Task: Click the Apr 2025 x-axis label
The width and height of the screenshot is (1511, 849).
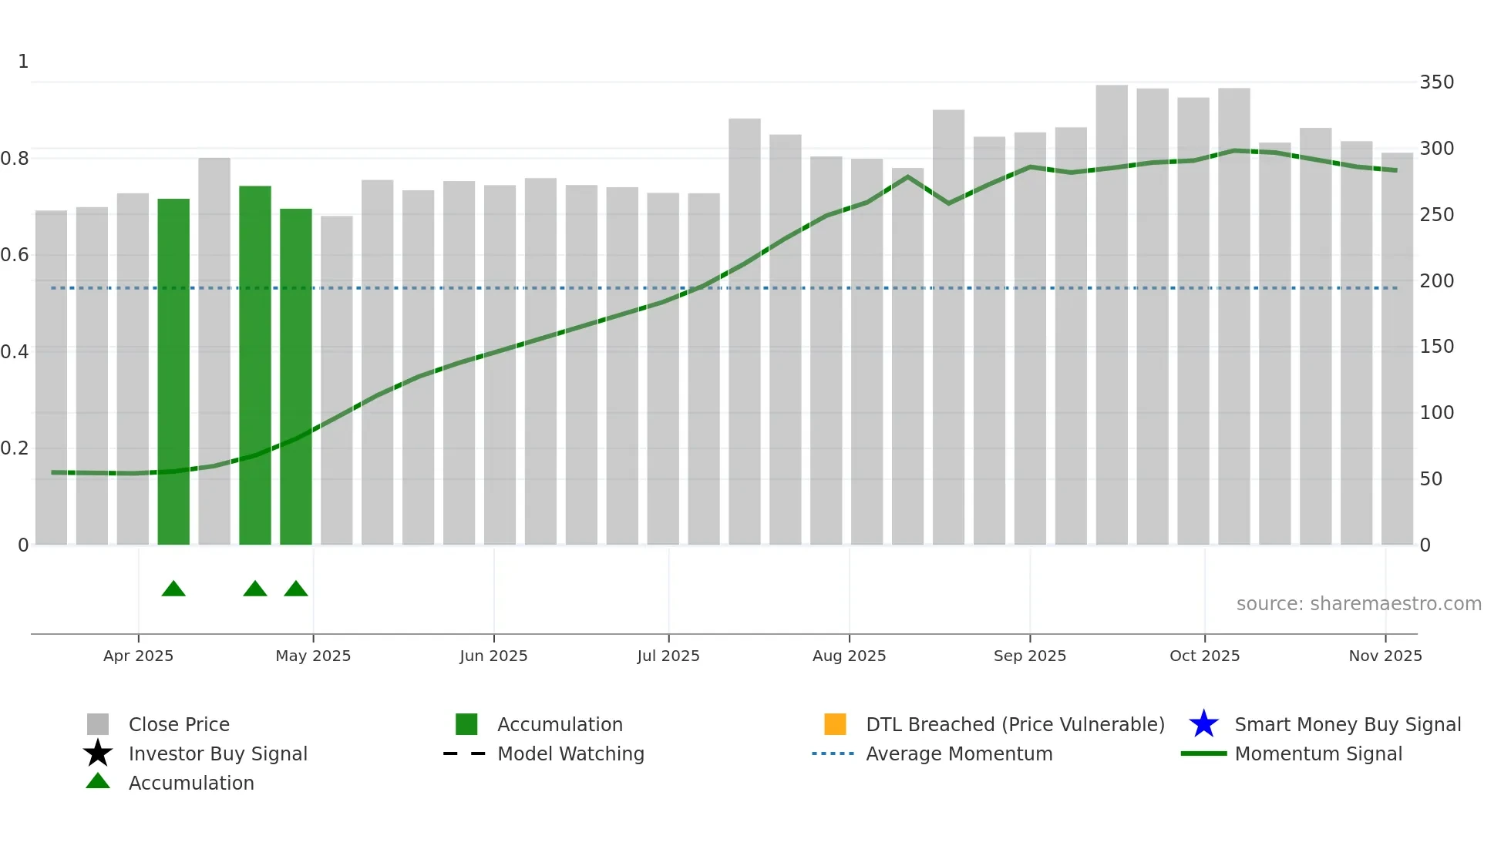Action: click(x=138, y=656)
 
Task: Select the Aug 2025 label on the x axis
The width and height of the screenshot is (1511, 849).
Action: click(x=849, y=656)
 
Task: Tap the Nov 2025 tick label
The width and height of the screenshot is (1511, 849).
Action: click(x=1385, y=656)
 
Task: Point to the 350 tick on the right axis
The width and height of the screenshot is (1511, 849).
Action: click(x=1436, y=82)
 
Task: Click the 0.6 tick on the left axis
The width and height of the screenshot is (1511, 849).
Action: click(x=15, y=255)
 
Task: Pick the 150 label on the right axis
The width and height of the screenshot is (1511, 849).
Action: click(x=1436, y=347)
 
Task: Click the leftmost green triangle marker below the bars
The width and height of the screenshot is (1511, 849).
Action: click(x=173, y=589)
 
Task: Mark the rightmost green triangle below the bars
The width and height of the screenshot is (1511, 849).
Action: click(x=296, y=589)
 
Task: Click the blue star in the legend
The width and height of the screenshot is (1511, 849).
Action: click(x=1203, y=724)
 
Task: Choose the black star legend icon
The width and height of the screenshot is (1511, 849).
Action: click(x=98, y=753)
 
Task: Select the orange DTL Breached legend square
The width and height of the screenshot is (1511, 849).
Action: click(x=835, y=724)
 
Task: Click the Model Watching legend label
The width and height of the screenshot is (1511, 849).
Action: click(x=570, y=753)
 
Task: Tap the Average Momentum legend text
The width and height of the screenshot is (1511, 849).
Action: click(x=959, y=753)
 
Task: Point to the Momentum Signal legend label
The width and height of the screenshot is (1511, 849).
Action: click(x=1318, y=753)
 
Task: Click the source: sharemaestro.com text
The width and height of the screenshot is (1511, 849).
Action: click(x=1358, y=604)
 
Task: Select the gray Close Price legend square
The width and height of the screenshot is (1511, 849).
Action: click(x=98, y=724)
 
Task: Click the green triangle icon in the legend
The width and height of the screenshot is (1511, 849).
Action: click(x=98, y=782)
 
